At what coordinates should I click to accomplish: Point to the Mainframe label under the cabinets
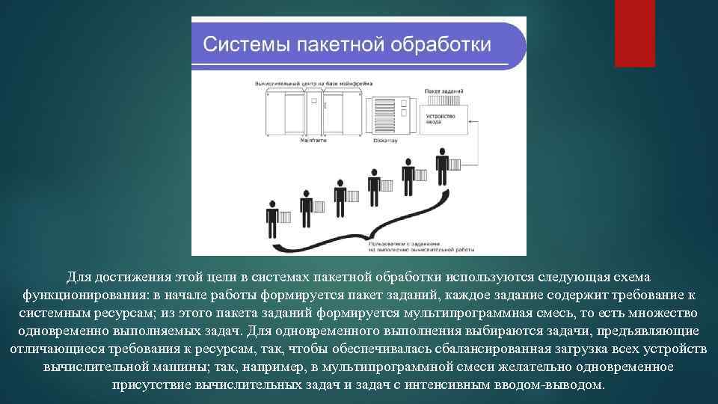click(314, 140)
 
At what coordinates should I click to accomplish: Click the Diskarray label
click(385, 140)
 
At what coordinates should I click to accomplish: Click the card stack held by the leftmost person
click(285, 217)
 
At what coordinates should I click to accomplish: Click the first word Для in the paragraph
click(77, 278)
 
